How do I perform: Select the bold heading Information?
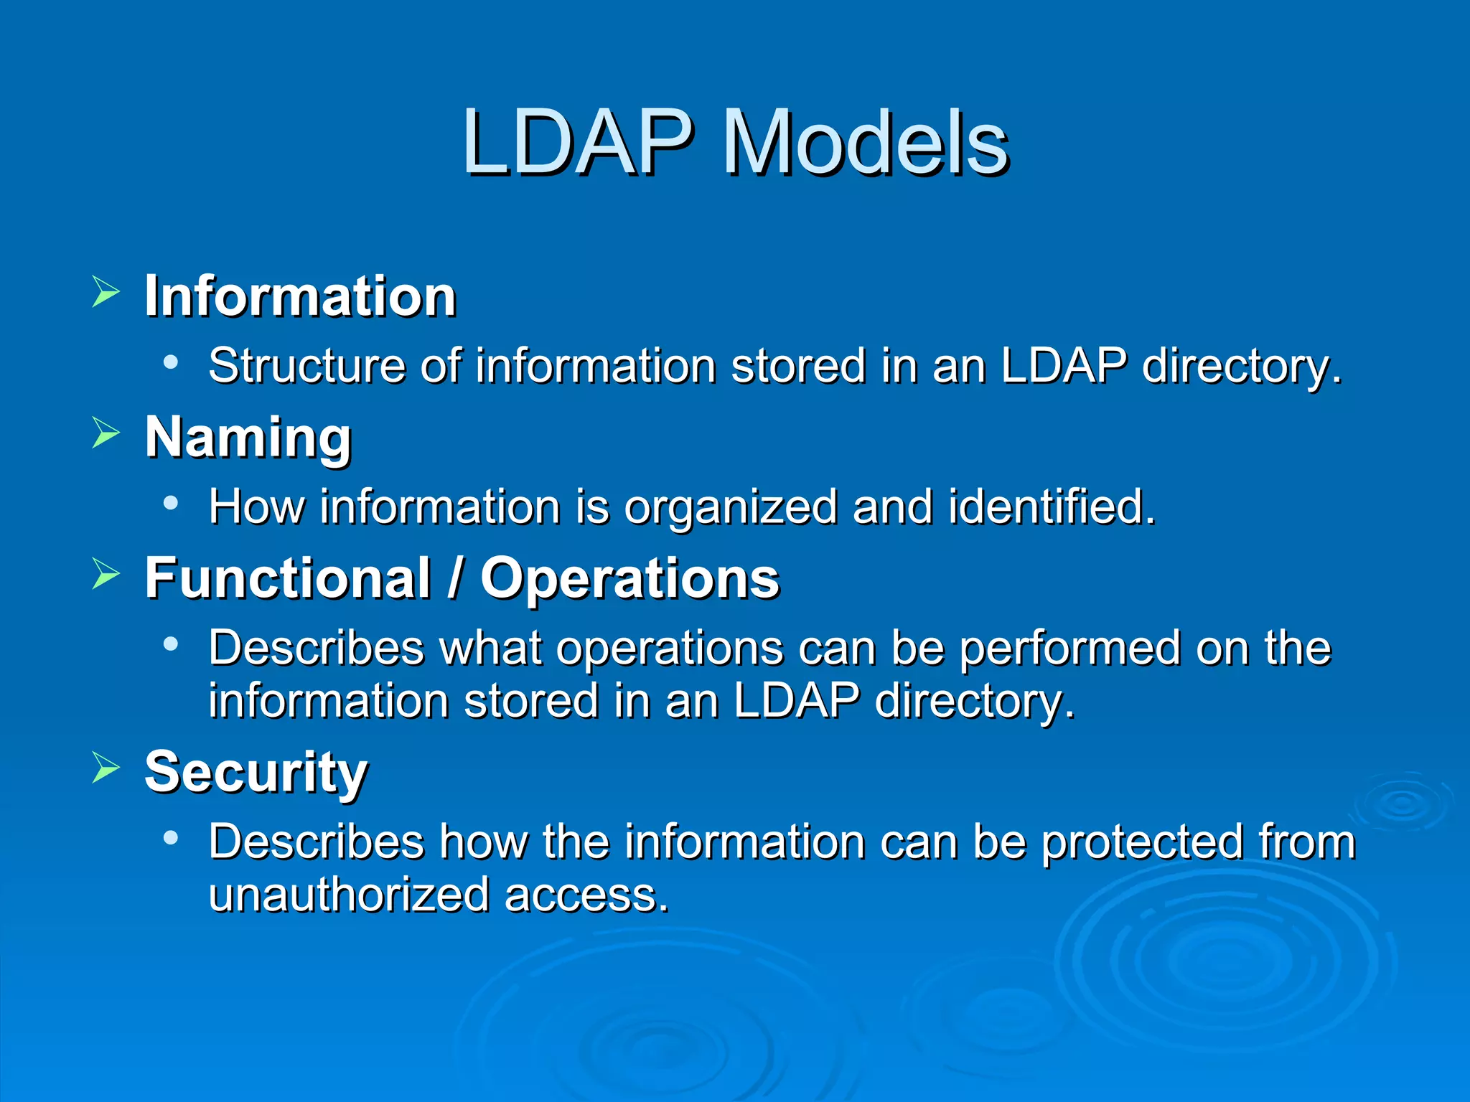[x=300, y=296]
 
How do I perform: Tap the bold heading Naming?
[x=248, y=438]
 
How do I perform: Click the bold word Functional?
[x=287, y=578]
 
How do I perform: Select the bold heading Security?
[x=256, y=772]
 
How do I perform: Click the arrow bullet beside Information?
[x=106, y=293]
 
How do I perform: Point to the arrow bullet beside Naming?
[x=106, y=433]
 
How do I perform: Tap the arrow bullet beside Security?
[x=106, y=768]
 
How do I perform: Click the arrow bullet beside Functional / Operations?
[x=106, y=574]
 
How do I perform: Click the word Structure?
[x=306, y=365]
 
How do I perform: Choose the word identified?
[x=1051, y=507]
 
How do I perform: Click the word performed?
[x=1069, y=649]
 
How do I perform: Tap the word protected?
[x=1141, y=842]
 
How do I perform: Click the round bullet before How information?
[x=170, y=503]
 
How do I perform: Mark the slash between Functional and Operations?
[x=454, y=578]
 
